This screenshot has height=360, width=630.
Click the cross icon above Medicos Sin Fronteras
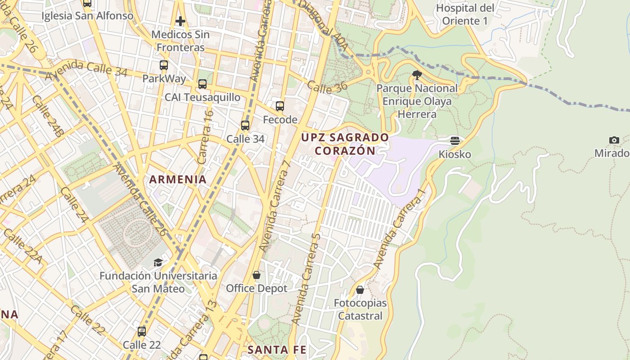180,21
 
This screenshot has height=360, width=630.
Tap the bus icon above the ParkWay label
164,65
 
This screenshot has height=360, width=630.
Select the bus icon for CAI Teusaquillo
202,84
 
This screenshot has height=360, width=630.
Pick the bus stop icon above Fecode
280,106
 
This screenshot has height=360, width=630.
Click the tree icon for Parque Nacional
417,75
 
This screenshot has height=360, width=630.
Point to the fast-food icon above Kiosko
455,141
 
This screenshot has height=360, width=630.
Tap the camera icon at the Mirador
614,140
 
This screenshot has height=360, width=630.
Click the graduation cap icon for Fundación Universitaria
158,262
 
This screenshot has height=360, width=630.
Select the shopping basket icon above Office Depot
256,275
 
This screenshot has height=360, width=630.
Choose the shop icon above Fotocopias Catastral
360,290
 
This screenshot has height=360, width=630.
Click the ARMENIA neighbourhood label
178,180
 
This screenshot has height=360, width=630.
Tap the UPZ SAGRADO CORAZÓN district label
345,144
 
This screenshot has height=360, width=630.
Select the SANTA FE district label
277,350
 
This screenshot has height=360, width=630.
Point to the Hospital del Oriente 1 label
465,14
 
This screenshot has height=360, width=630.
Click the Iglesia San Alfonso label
87,16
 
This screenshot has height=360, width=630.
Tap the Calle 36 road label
327,87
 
